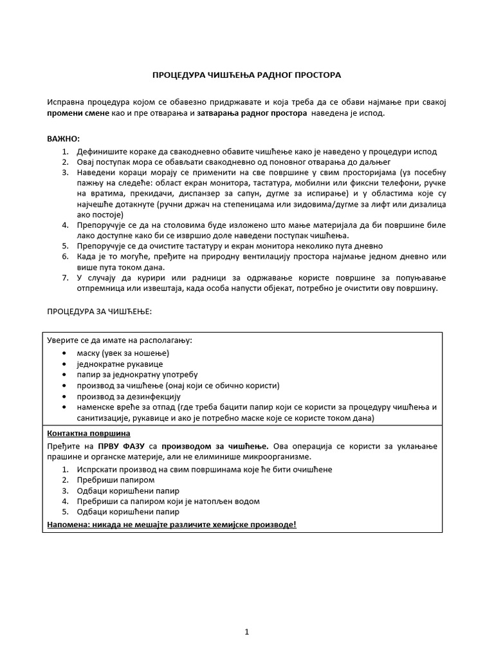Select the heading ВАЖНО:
[x=64, y=139]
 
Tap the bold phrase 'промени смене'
[x=74, y=113]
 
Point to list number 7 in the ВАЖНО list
[x=65, y=277]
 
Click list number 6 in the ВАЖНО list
[x=65, y=256]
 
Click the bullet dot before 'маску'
[x=63, y=353]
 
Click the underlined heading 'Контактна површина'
[x=89, y=433]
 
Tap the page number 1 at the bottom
[x=246, y=633]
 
